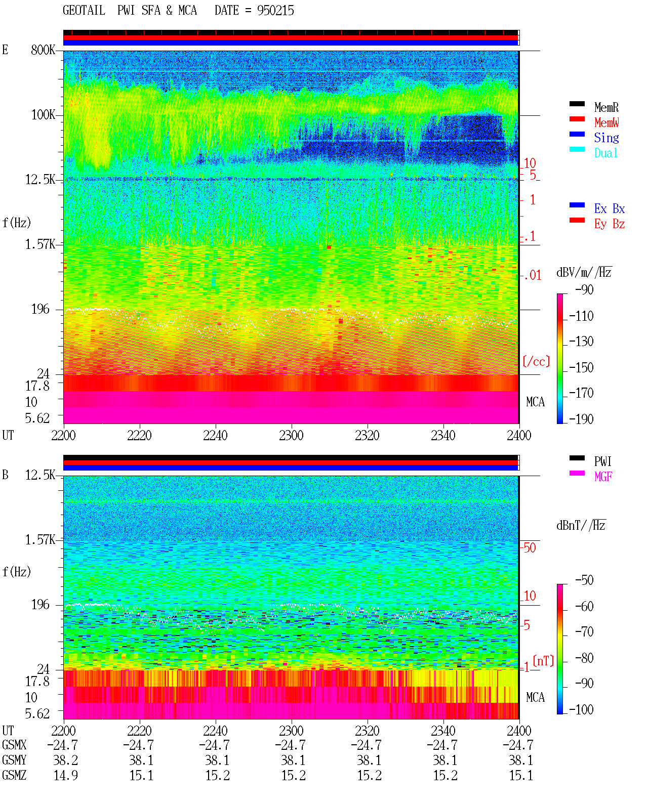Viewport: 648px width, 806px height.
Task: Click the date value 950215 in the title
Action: pyautogui.click(x=275, y=11)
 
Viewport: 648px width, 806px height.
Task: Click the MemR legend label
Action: pyautogui.click(x=606, y=107)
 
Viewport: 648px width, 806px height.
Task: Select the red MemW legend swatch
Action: pyautogui.click(x=577, y=119)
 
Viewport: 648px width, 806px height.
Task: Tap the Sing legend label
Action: pyautogui.click(x=606, y=138)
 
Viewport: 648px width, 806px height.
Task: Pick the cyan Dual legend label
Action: pyautogui.click(x=605, y=153)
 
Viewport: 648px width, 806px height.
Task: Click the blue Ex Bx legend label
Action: pyautogui.click(x=610, y=208)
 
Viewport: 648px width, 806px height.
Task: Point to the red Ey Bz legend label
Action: pyautogui.click(x=610, y=224)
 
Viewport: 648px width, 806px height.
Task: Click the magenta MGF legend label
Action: pyautogui.click(x=603, y=477)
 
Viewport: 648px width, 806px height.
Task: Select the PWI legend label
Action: pyautogui.click(x=602, y=461)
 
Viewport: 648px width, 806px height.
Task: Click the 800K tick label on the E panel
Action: pyautogui.click(x=43, y=50)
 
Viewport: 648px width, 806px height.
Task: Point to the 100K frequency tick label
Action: pyautogui.click(x=43, y=115)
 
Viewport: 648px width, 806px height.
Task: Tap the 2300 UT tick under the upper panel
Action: pyautogui.click(x=291, y=436)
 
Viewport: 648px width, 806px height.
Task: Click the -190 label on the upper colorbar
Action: pyautogui.click(x=581, y=419)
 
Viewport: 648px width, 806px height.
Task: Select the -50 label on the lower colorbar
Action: pyautogui.click(x=584, y=580)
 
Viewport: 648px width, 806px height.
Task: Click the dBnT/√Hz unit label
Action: pyautogui.click(x=581, y=526)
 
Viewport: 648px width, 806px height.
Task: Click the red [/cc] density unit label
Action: pyautogui.click(x=536, y=361)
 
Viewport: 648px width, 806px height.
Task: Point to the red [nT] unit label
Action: pyautogui.click(x=543, y=661)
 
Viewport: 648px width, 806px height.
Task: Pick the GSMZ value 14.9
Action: pyautogui.click(x=66, y=776)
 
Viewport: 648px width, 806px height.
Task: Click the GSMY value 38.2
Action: pyautogui.click(x=66, y=760)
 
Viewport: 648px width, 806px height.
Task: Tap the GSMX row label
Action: pyautogui.click(x=14, y=745)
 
